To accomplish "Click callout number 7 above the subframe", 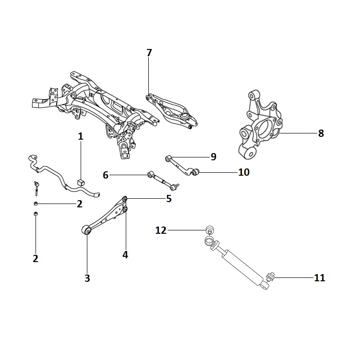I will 149,53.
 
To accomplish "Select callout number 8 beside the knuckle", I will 321,133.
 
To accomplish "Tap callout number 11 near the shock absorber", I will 319,277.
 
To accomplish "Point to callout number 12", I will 161,230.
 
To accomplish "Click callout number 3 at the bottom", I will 87,278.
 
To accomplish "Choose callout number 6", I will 106,176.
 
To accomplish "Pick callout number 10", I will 244,172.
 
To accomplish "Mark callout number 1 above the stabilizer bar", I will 81,137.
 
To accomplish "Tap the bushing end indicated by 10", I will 194,172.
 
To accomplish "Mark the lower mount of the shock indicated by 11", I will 269,277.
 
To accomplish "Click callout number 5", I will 168,198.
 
